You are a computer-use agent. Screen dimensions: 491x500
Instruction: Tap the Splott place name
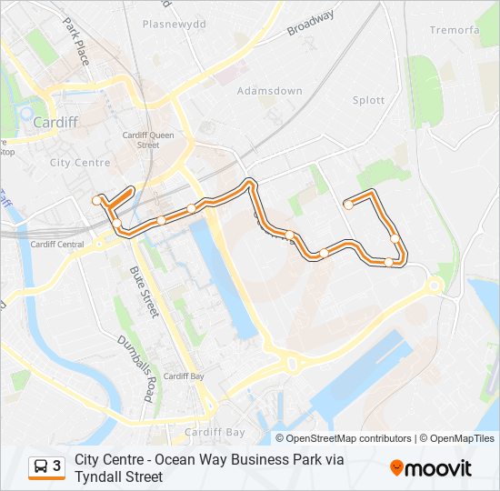368,100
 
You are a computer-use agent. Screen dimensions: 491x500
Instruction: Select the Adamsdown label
269,91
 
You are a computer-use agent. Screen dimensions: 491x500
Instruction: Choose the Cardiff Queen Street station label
147,140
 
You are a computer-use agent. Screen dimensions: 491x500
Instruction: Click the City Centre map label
80,163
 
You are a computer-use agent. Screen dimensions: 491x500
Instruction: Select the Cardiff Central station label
56,245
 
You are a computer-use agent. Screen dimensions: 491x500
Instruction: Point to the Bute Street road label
144,292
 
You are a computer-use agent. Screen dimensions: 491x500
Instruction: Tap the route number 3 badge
56,466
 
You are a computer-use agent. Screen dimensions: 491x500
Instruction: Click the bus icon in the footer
41,466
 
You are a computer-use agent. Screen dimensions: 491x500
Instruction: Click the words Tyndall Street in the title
118,476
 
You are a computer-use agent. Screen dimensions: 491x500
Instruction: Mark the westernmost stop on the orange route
95,200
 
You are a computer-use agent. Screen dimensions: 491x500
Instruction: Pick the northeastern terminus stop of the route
348,205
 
